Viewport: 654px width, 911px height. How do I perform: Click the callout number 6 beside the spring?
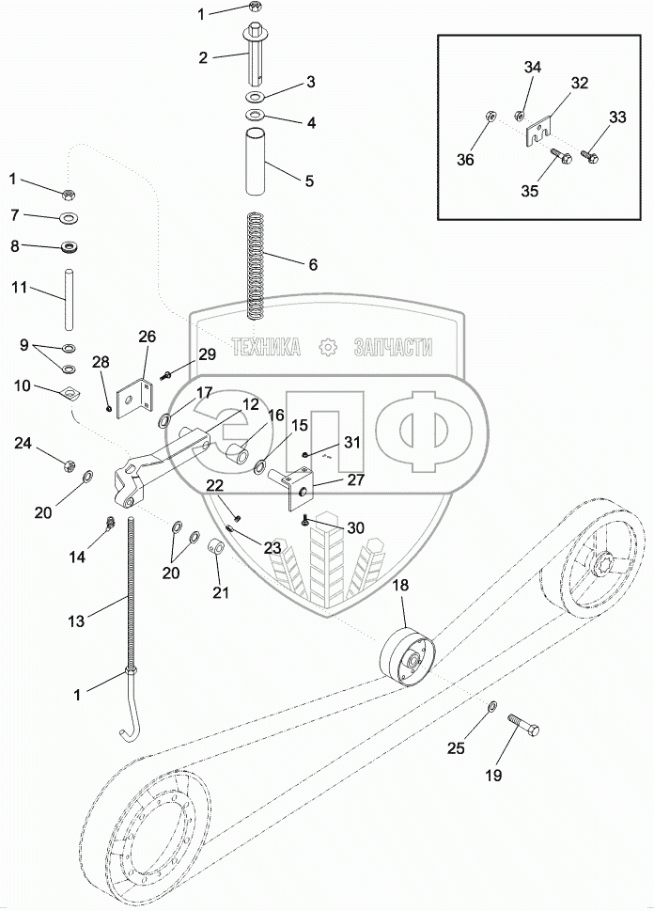312,265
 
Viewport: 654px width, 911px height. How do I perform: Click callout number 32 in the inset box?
579,84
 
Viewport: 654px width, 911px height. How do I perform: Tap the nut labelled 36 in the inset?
490,118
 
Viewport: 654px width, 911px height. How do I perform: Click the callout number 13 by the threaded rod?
76,620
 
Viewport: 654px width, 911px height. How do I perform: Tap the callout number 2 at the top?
203,57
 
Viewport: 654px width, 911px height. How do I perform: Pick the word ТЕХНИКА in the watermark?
266,348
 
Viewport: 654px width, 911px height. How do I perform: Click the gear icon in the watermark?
329,348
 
